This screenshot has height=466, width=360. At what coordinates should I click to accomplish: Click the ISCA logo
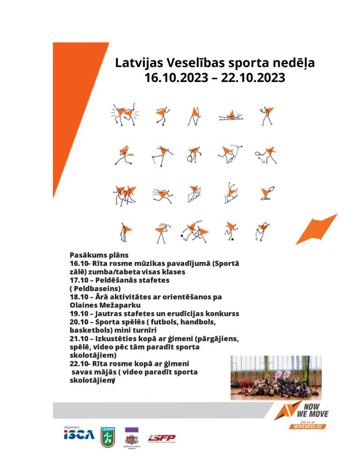[79, 435]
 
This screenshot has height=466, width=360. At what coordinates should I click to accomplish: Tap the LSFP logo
[162, 438]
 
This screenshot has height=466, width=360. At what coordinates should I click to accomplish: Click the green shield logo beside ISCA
[107, 436]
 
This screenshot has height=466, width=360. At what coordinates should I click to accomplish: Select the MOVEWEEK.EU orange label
[308, 426]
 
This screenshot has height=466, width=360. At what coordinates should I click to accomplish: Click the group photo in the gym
[276, 377]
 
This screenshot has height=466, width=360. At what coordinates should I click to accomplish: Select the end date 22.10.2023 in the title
[253, 77]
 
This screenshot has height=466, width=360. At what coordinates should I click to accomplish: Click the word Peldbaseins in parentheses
[97, 288]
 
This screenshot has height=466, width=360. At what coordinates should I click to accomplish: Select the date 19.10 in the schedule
[79, 314]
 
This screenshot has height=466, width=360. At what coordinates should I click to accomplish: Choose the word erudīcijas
[187, 314]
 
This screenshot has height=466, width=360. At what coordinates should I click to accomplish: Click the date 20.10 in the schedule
[79, 322]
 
